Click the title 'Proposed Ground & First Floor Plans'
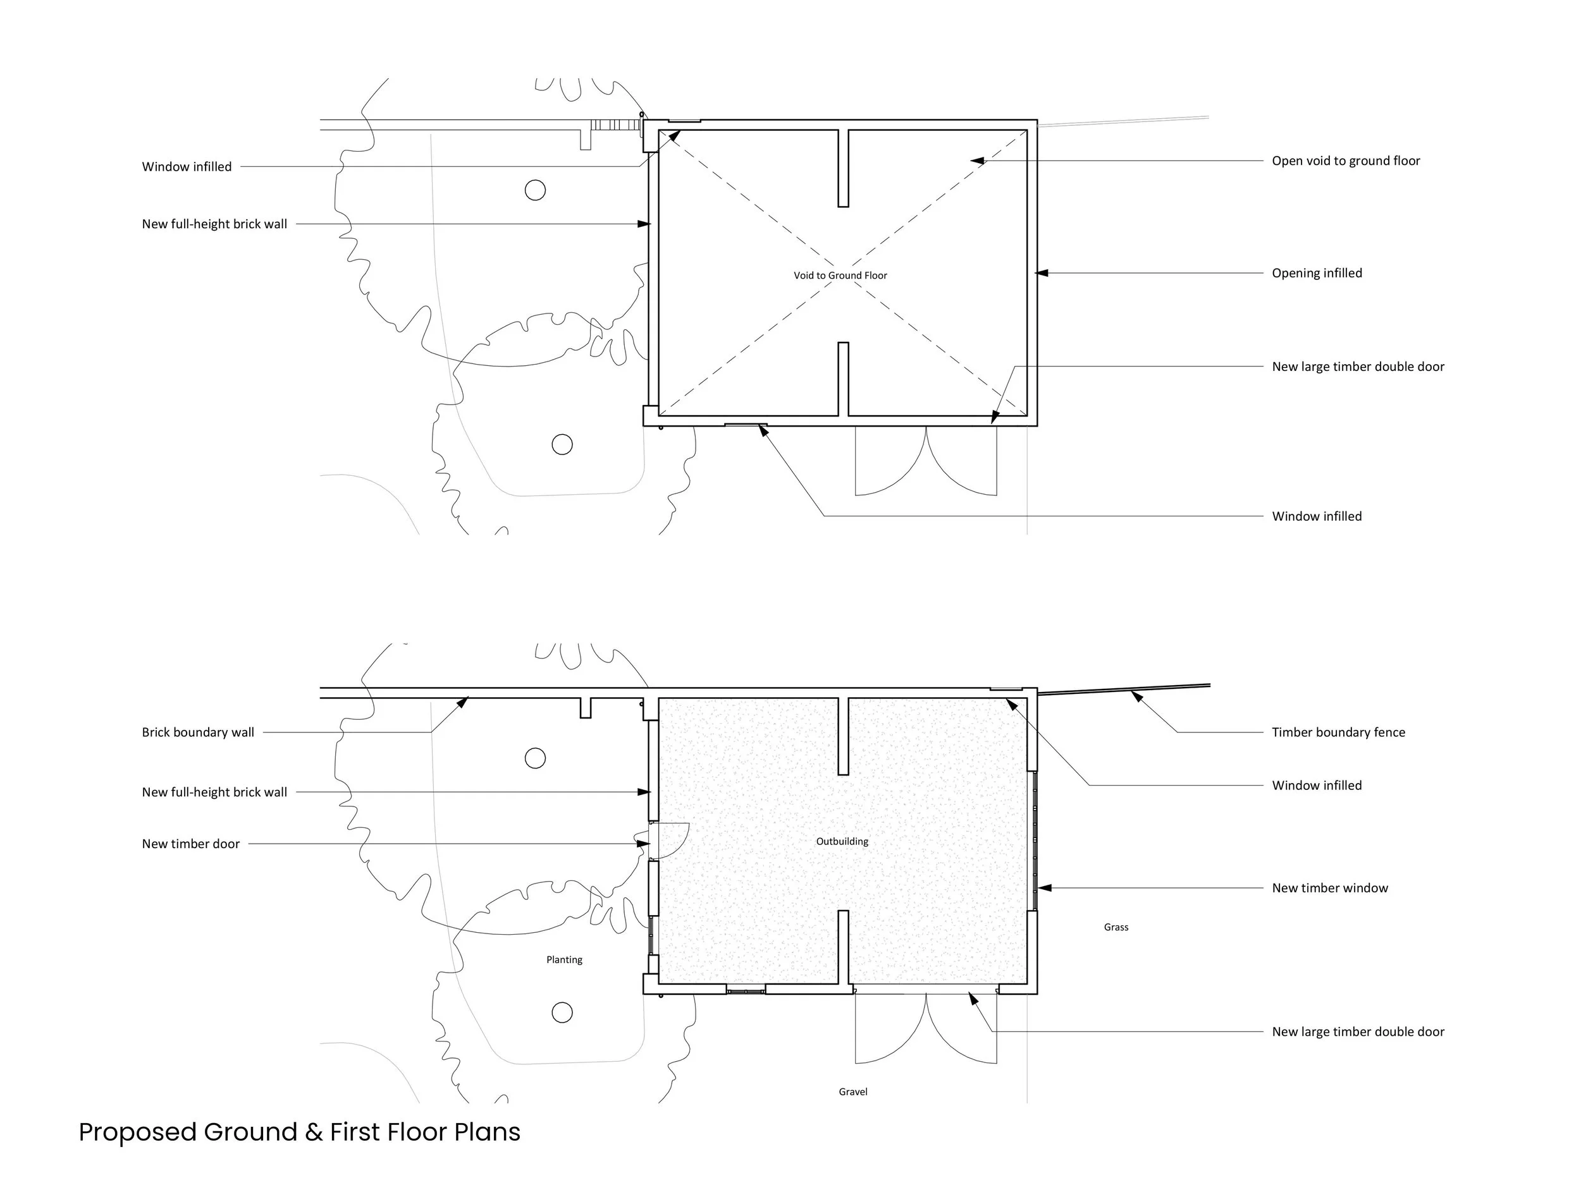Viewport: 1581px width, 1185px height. [x=300, y=1132]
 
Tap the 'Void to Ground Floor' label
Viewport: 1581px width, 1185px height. [x=840, y=276]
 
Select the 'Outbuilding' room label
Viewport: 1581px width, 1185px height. [x=842, y=841]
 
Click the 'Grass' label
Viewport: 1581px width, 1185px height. [x=1116, y=927]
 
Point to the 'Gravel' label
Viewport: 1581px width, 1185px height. [x=852, y=1091]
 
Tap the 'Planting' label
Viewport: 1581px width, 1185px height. [x=564, y=960]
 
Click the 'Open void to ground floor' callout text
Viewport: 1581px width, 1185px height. [x=1345, y=161]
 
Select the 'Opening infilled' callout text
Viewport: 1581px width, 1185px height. [x=1317, y=273]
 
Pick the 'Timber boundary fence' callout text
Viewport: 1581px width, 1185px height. [x=1338, y=732]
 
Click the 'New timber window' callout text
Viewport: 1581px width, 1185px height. [x=1329, y=888]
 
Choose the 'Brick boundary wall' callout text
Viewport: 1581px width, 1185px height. [x=198, y=732]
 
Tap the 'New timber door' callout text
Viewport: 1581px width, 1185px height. [x=191, y=844]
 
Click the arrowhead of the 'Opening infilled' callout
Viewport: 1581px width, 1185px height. [x=1042, y=273]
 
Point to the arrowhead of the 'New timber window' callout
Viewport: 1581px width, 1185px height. [x=1043, y=888]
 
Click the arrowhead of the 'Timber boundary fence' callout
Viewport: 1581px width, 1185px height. [x=1136, y=695]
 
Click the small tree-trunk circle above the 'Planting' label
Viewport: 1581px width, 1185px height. [x=536, y=758]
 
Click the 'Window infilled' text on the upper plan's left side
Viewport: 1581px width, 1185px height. [x=187, y=167]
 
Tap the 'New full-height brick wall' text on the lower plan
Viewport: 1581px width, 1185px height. [x=214, y=792]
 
